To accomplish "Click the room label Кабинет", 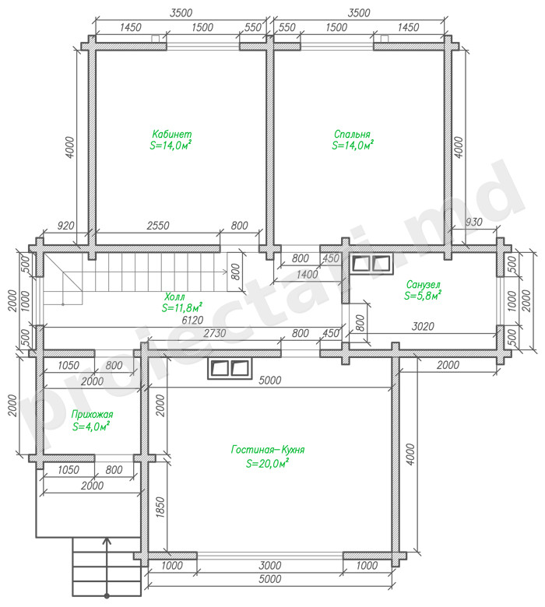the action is click(x=171, y=134).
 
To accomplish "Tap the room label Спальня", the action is click(x=352, y=134).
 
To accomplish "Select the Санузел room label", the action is click(x=423, y=285).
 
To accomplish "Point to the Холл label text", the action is click(x=174, y=297).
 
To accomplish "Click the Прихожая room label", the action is click(x=92, y=414).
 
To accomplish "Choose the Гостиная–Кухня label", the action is click(x=268, y=450).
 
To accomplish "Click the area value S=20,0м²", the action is click(x=268, y=462).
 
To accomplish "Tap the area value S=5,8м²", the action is click(x=423, y=296).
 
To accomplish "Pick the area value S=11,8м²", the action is click(x=182, y=307).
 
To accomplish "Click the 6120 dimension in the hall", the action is click(x=192, y=320).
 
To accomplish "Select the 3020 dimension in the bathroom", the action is click(x=423, y=326).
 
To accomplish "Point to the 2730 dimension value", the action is click(x=215, y=333).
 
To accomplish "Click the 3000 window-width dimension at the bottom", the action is click(x=270, y=566).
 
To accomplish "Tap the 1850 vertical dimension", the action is click(x=160, y=507).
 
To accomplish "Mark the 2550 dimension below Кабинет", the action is click(x=158, y=226).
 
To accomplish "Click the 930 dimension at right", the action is click(x=473, y=222).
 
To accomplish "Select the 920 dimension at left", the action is click(x=65, y=226).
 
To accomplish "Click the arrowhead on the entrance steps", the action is click(x=107, y=541).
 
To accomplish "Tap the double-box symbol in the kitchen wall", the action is click(x=230, y=368).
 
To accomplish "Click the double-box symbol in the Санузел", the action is click(x=371, y=264).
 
